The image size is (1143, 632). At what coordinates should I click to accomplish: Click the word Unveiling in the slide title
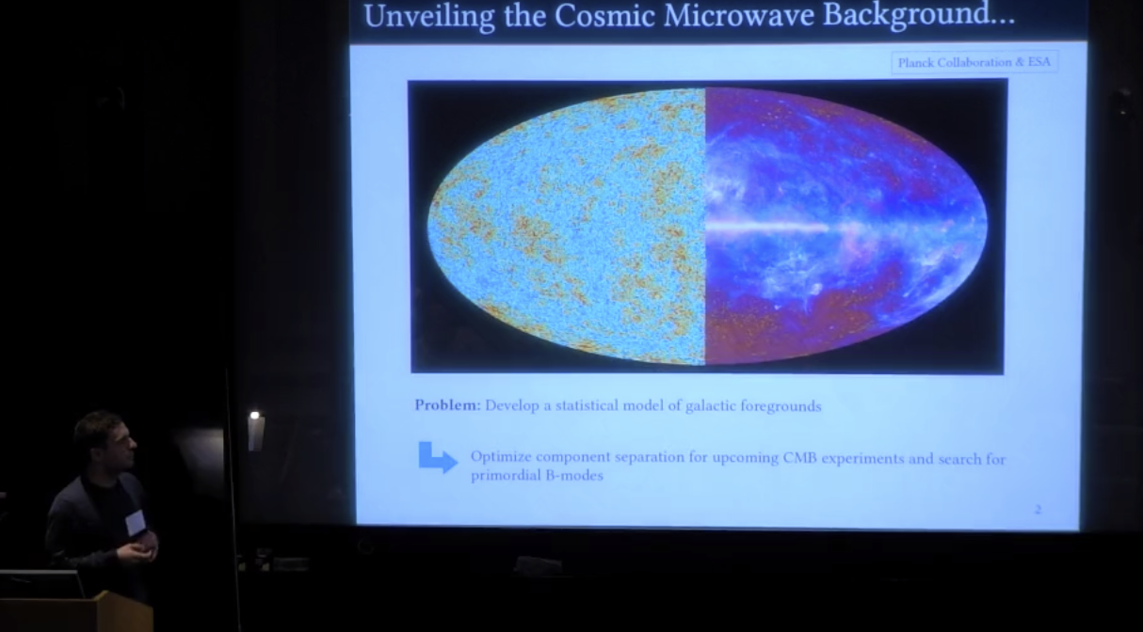pyautogui.click(x=429, y=16)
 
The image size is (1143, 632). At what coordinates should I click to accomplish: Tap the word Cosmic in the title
pyautogui.click(x=604, y=15)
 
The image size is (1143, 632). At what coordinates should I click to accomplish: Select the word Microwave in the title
pyautogui.click(x=739, y=15)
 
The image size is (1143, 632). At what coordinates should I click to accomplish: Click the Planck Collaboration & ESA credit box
pyautogui.click(x=974, y=62)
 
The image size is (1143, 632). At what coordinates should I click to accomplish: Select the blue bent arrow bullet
pyautogui.click(x=437, y=457)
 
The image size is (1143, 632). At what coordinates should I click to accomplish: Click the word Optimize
pyautogui.click(x=501, y=457)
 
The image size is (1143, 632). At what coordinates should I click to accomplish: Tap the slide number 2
pyautogui.click(x=1038, y=509)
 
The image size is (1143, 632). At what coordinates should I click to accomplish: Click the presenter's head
pyautogui.click(x=105, y=441)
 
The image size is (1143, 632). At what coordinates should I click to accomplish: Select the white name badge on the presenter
pyautogui.click(x=136, y=522)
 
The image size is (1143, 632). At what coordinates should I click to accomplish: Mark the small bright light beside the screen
pyautogui.click(x=254, y=416)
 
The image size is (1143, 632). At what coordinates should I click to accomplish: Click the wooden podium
pyautogui.click(x=76, y=613)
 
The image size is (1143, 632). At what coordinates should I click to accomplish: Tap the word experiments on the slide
pyautogui.click(x=862, y=459)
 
